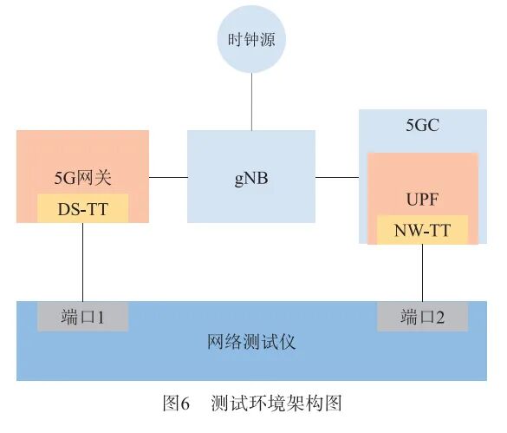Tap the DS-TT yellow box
(x=82, y=208)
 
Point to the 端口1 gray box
(x=82, y=317)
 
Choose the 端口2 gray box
(x=422, y=317)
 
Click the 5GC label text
(x=422, y=126)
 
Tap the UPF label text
(x=422, y=200)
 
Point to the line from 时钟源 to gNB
(x=250, y=102)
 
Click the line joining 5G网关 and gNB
(x=168, y=177)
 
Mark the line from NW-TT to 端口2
(x=422, y=273)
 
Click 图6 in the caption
(x=176, y=403)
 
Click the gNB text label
(x=250, y=179)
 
